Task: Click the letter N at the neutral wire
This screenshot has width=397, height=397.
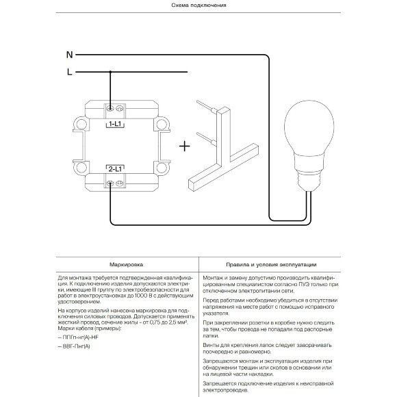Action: (x=69, y=55)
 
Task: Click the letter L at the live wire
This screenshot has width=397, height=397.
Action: (x=70, y=72)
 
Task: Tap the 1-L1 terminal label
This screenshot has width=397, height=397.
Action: (x=115, y=124)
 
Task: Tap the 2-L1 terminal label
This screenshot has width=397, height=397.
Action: (x=115, y=169)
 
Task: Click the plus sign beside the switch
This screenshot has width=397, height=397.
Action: (x=185, y=146)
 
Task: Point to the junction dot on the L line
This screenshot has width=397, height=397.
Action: (x=110, y=72)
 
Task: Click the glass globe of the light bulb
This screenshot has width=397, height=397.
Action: (x=309, y=127)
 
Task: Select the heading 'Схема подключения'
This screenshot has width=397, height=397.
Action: (x=198, y=5)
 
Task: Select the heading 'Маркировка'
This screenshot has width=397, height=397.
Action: (x=126, y=265)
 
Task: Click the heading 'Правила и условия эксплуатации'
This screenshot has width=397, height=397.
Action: (x=271, y=265)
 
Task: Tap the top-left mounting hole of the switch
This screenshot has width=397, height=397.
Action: (x=81, y=124)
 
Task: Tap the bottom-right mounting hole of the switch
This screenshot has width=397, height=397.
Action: (x=162, y=168)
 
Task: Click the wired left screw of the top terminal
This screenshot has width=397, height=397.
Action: (x=110, y=109)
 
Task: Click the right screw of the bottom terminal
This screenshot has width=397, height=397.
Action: (x=120, y=183)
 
